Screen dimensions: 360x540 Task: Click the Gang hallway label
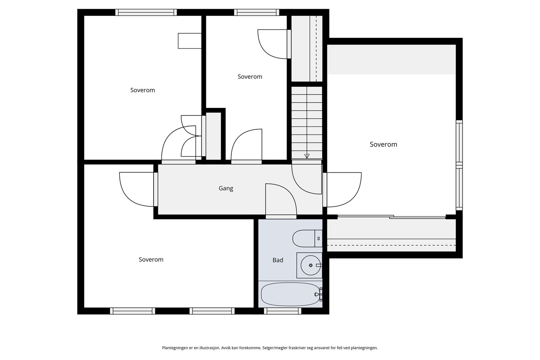pos(226,188)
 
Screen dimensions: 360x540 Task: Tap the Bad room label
pos(278,260)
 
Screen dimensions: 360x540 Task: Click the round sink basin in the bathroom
pos(310,265)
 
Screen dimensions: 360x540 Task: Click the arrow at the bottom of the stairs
pos(307,156)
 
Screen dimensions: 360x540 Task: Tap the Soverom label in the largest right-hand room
pos(383,144)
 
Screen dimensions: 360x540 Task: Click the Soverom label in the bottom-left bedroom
pos(151,259)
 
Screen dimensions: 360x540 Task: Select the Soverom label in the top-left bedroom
pos(142,90)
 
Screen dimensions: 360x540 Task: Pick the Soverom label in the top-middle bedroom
pos(250,77)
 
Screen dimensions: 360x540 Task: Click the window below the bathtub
pos(282,311)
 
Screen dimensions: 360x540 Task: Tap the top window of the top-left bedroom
pos(146,12)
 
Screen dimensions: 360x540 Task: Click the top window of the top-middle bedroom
pos(257,12)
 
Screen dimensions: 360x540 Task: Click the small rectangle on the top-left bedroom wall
pos(190,41)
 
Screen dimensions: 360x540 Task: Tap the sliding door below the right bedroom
pos(391,217)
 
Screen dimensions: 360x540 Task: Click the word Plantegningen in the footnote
pos(175,348)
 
